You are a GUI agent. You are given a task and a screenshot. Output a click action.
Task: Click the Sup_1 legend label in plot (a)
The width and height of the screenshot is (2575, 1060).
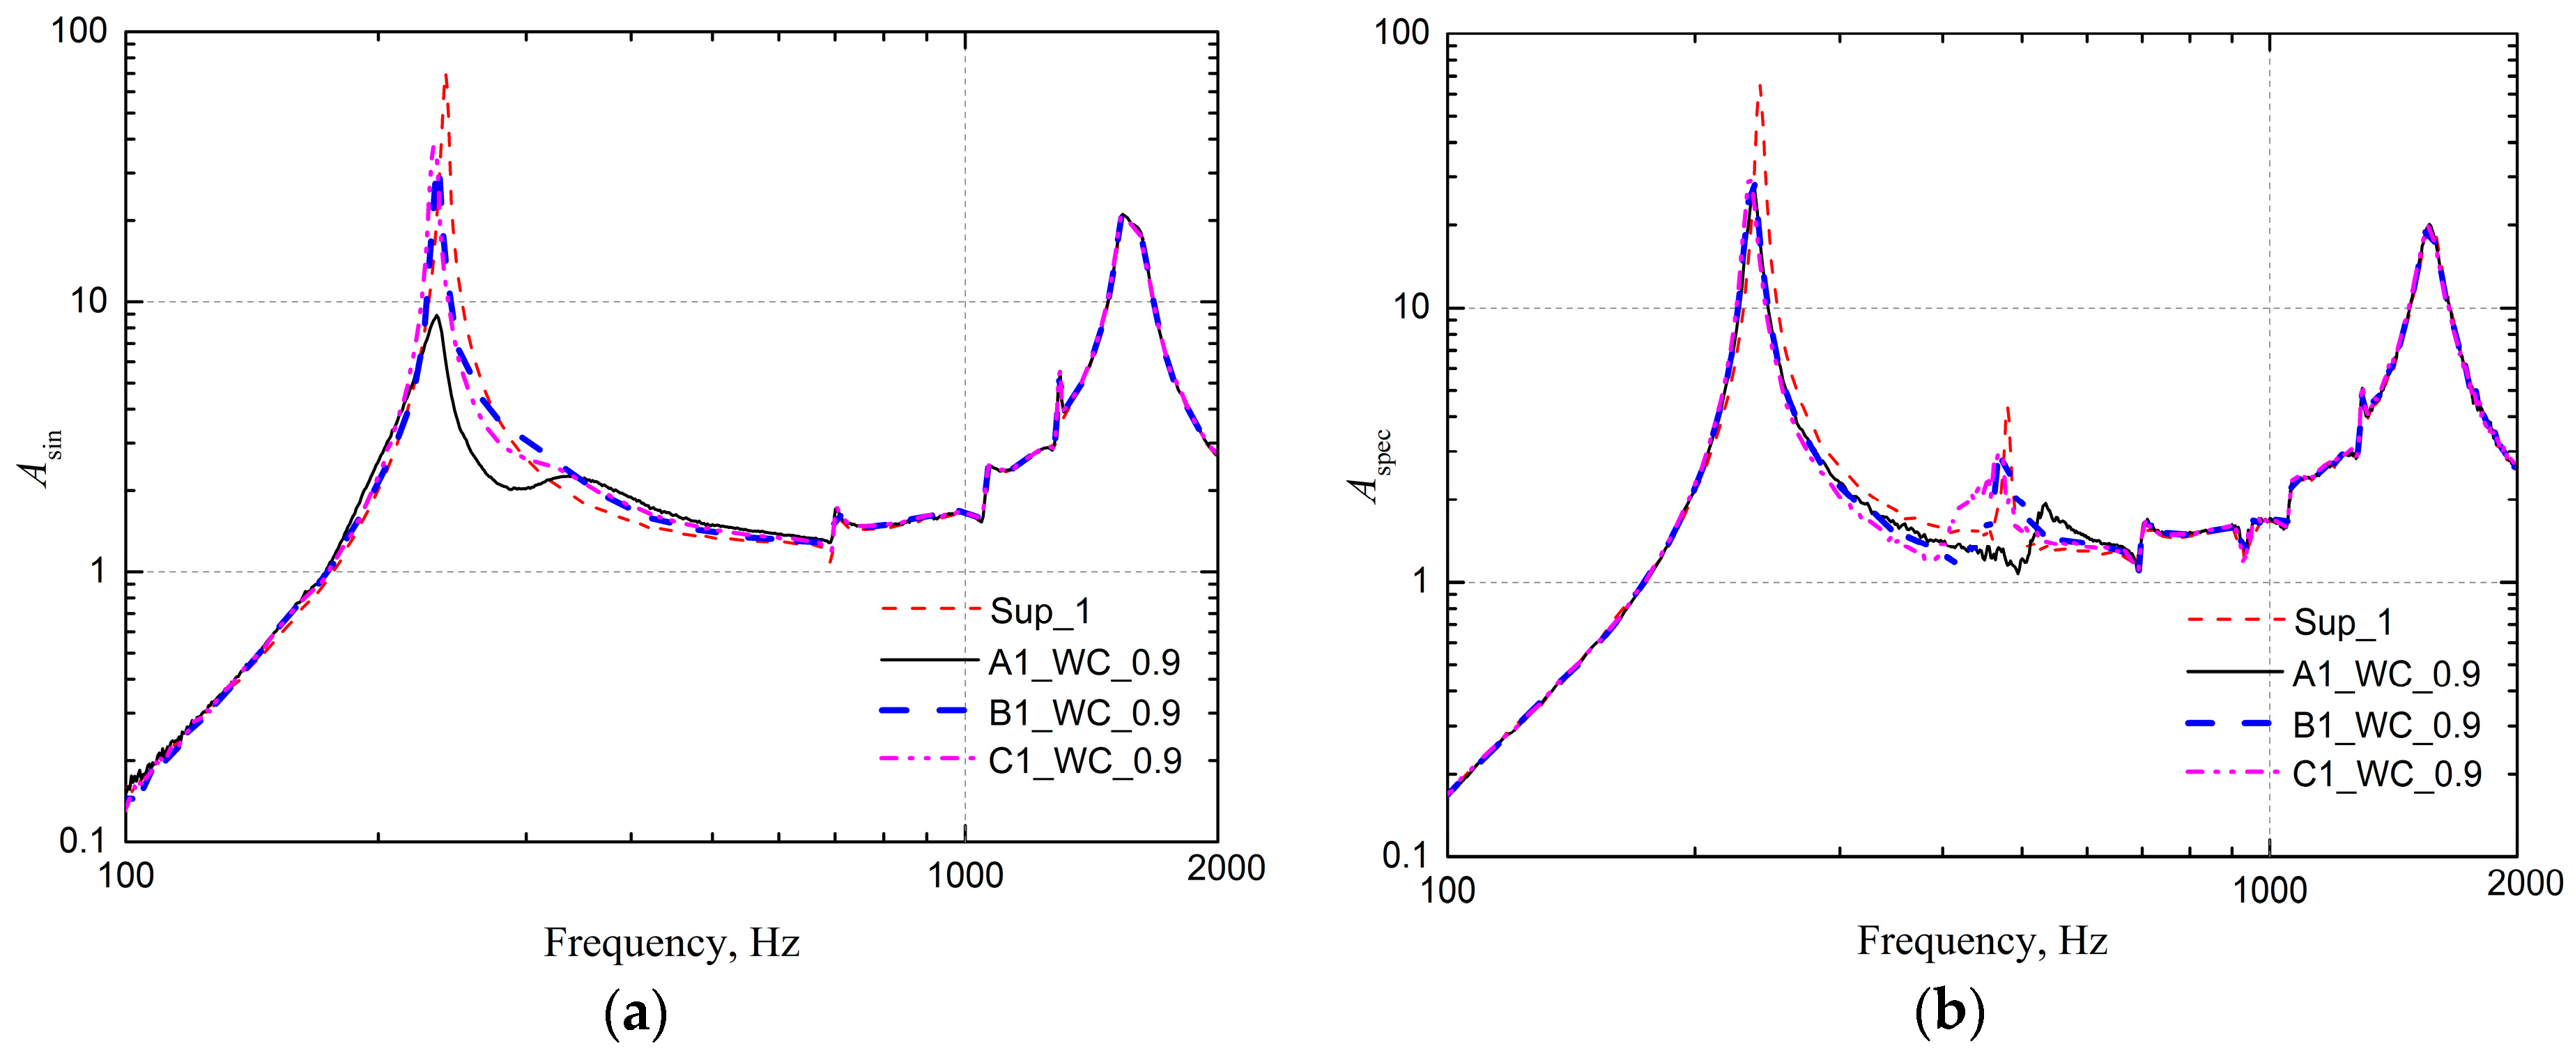click(x=1040, y=611)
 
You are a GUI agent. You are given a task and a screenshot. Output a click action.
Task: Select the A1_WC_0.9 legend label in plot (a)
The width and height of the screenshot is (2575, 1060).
click(x=1084, y=662)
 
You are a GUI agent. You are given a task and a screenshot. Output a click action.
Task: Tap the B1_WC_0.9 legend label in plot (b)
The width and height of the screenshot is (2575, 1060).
click(x=2386, y=724)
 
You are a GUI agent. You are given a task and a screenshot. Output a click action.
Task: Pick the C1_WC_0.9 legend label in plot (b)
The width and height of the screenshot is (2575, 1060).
click(x=2386, y=773)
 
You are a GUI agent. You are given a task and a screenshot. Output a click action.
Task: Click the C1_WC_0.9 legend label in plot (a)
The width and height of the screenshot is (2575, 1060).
click(x=1084, y=761)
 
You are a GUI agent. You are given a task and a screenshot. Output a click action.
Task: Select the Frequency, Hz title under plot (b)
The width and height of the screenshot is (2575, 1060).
click(x=1982, y=940)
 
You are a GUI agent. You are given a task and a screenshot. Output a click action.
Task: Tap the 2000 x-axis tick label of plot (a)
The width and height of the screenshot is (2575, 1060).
click(x=1226, y=868)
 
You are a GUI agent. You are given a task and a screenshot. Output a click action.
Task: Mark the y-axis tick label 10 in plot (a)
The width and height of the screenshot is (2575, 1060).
click(x=88, y=301)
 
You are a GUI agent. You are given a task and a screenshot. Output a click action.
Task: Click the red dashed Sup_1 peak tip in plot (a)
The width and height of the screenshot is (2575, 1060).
click(x=446, y=75)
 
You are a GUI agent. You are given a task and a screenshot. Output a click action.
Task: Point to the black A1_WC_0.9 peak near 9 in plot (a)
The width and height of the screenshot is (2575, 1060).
click(x=437, y=317)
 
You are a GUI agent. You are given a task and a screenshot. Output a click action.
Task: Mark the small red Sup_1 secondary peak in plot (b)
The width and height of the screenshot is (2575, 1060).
click(x=2006, y=408)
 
